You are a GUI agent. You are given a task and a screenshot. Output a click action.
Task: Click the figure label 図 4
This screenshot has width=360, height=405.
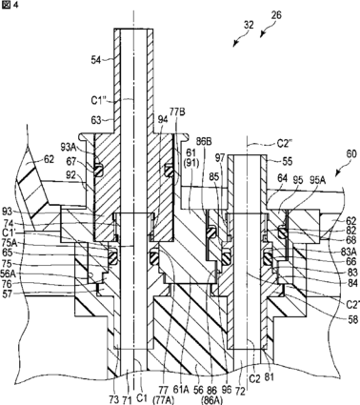coord(10,6)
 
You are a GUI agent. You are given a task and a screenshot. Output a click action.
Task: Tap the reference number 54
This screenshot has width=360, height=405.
coord(96,60)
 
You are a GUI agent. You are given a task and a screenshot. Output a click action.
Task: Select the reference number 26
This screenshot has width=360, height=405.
coord(276,15)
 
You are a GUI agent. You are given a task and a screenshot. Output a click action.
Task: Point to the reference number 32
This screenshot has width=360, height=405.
coord(249,25)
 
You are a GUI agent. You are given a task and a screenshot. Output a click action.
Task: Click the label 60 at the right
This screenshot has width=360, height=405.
coord(343,155)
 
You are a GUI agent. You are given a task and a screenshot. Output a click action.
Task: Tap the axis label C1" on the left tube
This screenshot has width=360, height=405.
coord(99,100)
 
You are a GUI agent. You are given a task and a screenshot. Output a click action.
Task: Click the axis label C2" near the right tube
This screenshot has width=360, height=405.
coord(285,144)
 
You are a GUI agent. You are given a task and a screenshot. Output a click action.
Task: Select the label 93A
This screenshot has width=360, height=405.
coord(69,147)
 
